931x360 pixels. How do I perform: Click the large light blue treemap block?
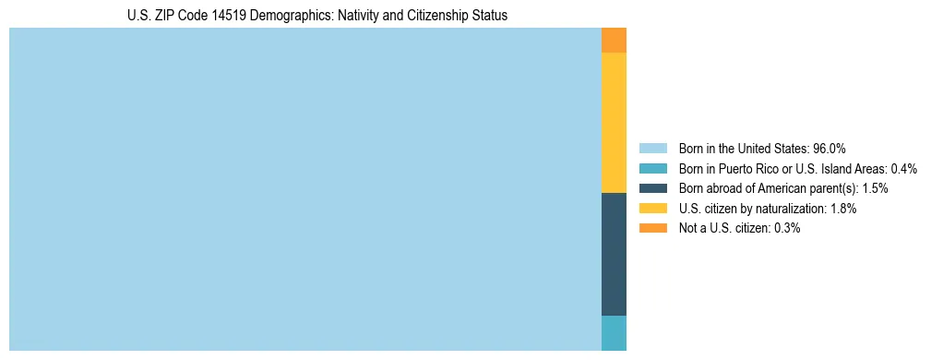(304, 189)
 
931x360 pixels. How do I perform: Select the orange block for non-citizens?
(614, 41)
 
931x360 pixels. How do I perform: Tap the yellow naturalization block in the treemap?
(614, 123)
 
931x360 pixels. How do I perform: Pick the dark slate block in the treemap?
(614, 254)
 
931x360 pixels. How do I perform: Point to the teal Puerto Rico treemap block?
(614, 333)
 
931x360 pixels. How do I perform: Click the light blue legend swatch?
(652, 148)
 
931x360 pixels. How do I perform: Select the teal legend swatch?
(652, 168)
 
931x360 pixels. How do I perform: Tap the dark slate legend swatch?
(652, 188)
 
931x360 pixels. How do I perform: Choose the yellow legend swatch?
(652, 209)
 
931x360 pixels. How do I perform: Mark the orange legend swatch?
(652, 228)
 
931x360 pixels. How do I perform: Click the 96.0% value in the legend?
(829, 148)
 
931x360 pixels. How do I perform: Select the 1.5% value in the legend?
(876, 188)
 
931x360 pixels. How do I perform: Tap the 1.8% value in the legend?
(842, 209)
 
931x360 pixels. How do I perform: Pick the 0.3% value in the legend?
(787, 228)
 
